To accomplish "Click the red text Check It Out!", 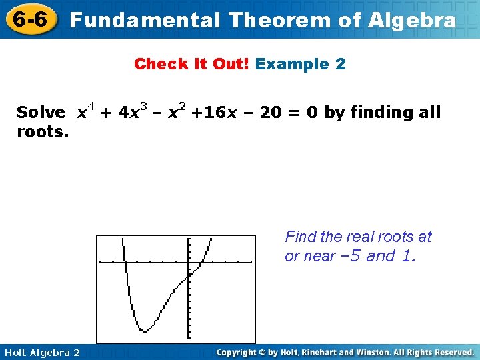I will click(192, 65).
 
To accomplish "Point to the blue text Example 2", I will click(301, 65).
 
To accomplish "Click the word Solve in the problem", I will click(41, 113).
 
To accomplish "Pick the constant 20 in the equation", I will click(270, 113).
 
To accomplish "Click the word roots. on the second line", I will click(43, 132).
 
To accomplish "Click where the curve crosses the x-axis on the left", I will click(125, 263).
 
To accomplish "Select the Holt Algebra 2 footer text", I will click(41, 352).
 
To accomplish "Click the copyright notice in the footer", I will click(345, 352).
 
